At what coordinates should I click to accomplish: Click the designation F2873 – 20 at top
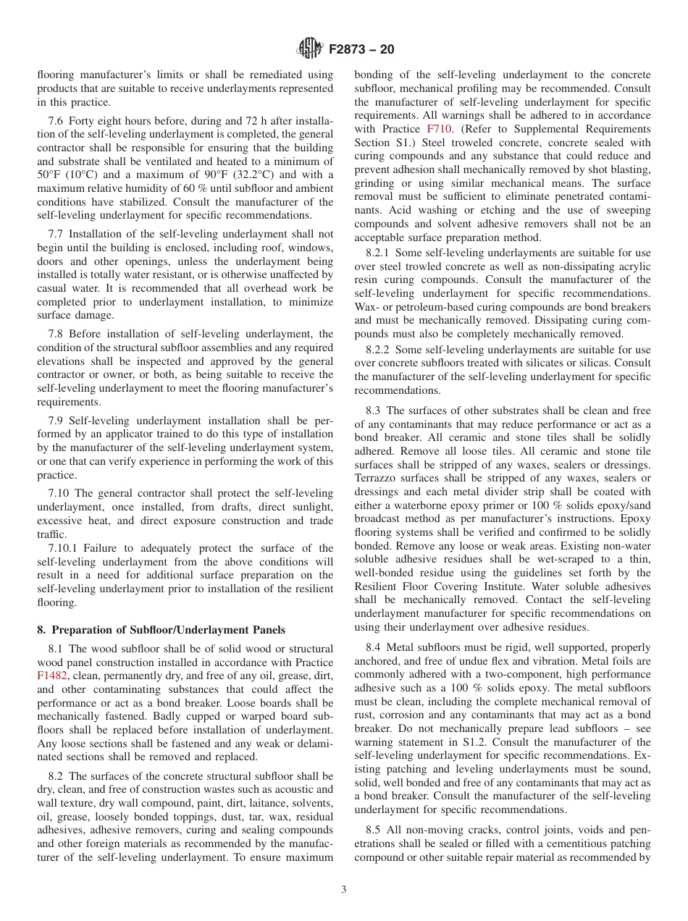click(361, 50)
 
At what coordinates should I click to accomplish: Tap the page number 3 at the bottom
click(344, 890)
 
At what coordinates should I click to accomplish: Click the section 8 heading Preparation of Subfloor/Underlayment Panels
click(161, 630)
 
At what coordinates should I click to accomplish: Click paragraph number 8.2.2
click(369, 350)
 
